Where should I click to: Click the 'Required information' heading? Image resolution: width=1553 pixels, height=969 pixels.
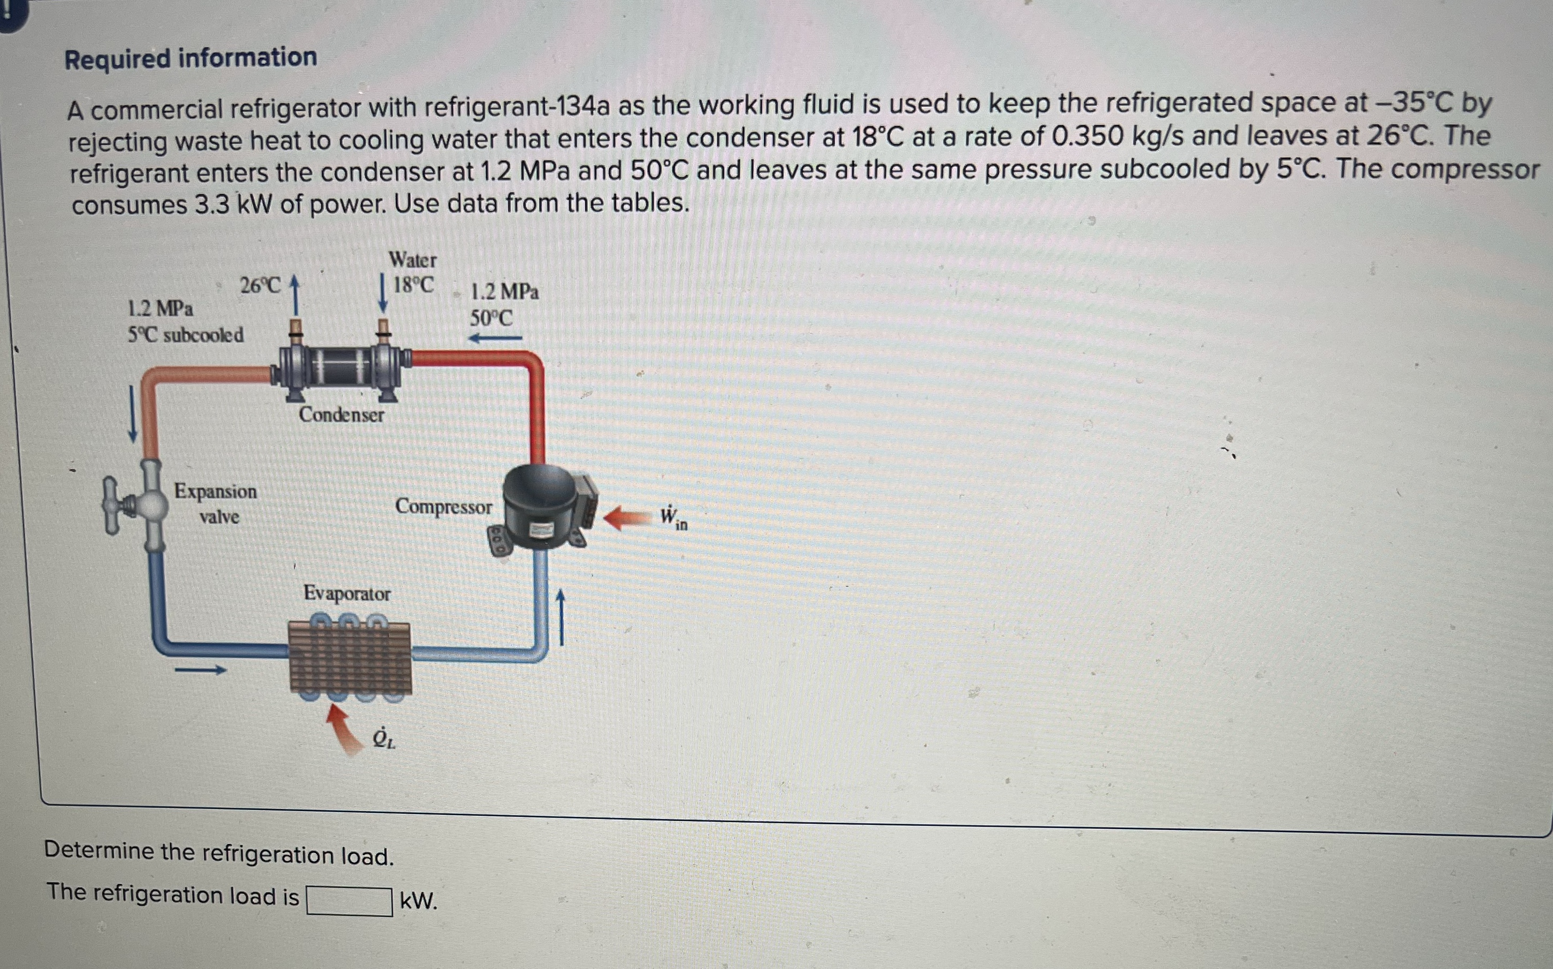pyautogui.click(x=190, y=58)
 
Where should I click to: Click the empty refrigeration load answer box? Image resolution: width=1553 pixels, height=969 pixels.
pyautogui.click(x=350, y=901)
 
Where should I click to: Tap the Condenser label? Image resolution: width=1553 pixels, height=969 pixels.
pyautogui.click(x=341, y=415)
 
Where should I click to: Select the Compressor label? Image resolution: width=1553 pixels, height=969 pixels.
pyautogui.click(x=443, y=506)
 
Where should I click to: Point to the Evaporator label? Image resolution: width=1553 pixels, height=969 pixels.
pyautogui.click(x=347, y=593)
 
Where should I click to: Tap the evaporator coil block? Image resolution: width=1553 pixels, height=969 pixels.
pyautogui.click(x=350, y=657)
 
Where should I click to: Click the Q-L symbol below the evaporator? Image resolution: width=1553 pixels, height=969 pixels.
pyautogui.click(x=383, y=739)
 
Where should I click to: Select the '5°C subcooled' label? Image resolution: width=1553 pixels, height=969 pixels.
pyautogui.click(x=186, y=334)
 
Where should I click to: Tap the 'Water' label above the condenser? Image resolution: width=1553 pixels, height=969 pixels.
pyautogui.click(x=412, y=260)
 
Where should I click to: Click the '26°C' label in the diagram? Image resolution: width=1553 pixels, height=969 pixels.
pyautogui.click(x=260, y=285)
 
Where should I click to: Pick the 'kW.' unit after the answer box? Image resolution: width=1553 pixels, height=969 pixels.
pyautogui.click(x=419, y=901)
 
